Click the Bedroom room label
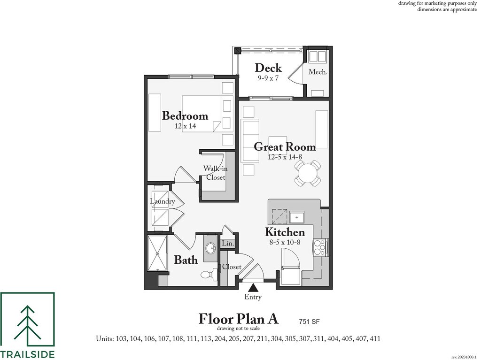[185, 115]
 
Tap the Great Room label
[285, 146]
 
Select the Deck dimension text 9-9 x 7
[268, 78]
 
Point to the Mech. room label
[318, 72]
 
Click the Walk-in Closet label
[215, 173]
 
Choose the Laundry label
[162, 201]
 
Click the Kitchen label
[285, 232]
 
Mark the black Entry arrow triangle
[253, 287]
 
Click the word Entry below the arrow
[253, 297]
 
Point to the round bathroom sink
[210, 247]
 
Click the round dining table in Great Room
[308, 173]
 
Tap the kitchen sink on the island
[297, 218]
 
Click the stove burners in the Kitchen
[319, 247]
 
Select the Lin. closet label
[227, 244]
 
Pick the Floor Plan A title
[238, 319]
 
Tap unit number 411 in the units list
[374, 338]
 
